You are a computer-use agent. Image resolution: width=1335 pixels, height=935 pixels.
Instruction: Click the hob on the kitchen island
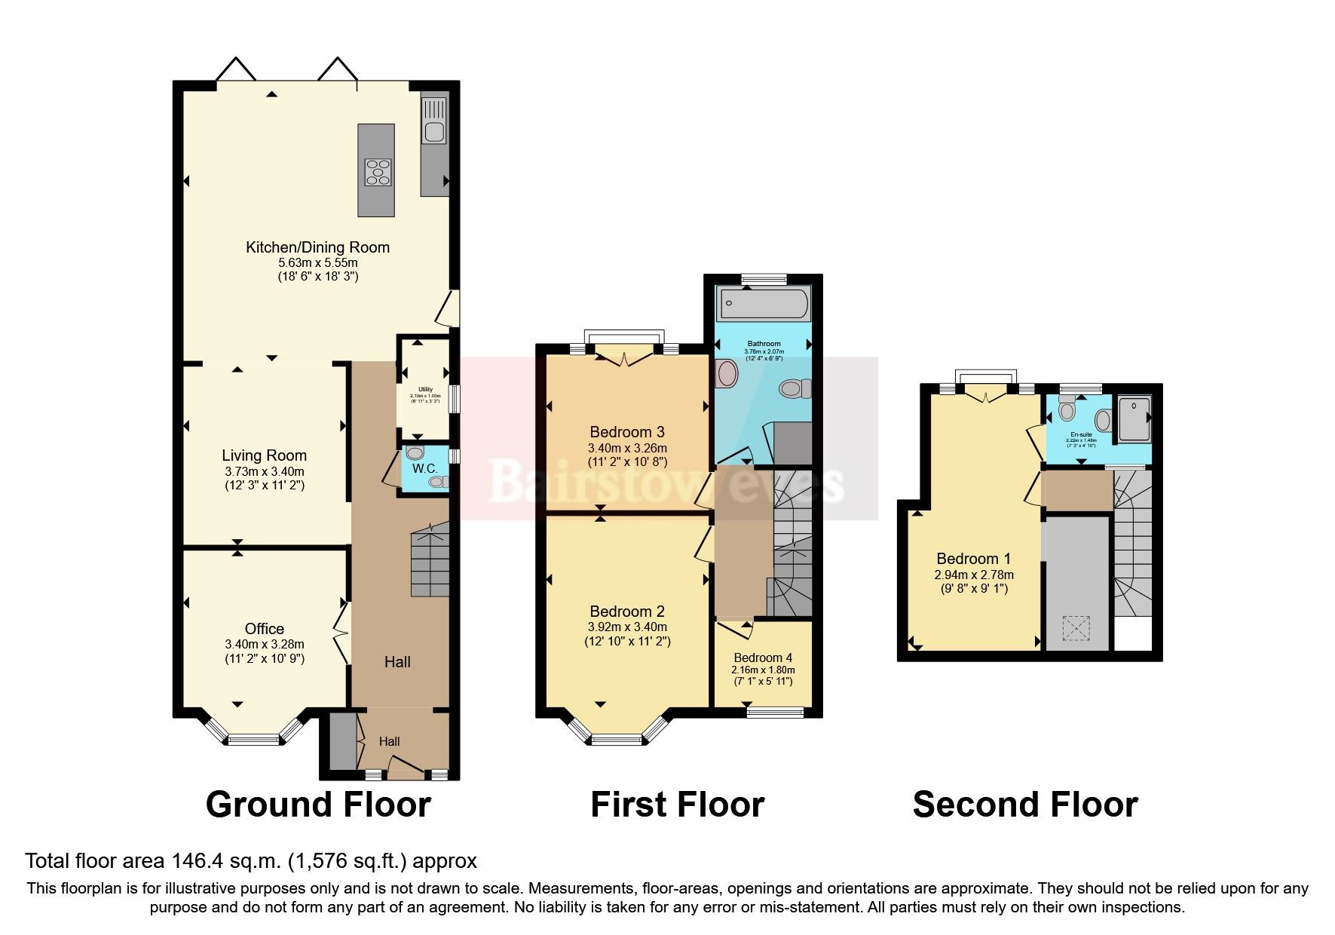378,171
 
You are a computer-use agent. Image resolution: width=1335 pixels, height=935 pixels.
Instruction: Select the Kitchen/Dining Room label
317,247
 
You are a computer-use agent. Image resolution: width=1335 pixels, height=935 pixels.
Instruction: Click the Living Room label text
264,455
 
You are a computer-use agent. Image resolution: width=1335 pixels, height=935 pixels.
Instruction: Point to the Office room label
264,629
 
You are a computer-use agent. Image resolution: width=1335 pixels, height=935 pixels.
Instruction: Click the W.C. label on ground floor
425,468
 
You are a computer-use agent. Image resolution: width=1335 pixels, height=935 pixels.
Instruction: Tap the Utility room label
425,389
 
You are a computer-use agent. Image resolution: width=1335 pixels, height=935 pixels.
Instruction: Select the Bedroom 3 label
626,432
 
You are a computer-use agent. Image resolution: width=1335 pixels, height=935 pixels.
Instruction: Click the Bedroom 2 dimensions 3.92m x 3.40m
627,627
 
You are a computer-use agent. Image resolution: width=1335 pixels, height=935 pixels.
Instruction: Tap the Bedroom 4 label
763,658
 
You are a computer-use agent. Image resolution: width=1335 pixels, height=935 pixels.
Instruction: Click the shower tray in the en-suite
1134,418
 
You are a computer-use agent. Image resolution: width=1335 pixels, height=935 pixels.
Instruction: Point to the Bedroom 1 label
973,559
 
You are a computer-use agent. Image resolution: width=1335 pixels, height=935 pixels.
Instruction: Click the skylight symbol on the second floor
1076,629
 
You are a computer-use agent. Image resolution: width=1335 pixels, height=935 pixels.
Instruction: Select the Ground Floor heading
317,805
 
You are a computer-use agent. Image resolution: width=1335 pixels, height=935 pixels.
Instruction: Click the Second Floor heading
1024,805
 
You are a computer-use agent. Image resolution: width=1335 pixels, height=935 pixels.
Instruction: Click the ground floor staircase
430,562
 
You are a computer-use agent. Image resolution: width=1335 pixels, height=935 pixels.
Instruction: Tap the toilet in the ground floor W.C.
415,453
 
